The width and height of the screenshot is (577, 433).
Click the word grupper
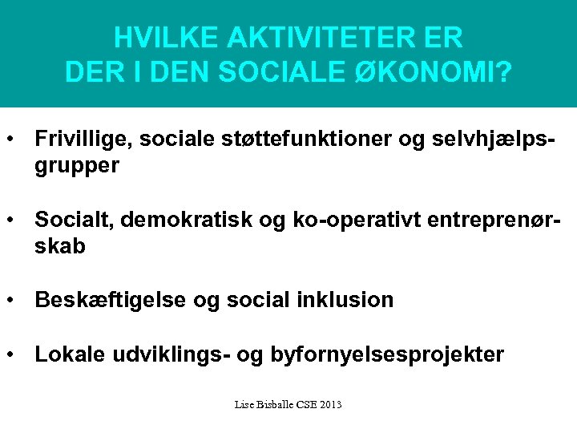tap(77, 166)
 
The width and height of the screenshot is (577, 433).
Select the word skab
tap(59, 246)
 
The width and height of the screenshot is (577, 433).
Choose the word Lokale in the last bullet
tap(66, 354)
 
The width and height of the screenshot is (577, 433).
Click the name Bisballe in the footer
tap(274, 405)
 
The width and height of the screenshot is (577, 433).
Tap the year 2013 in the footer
tap(329, 405)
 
